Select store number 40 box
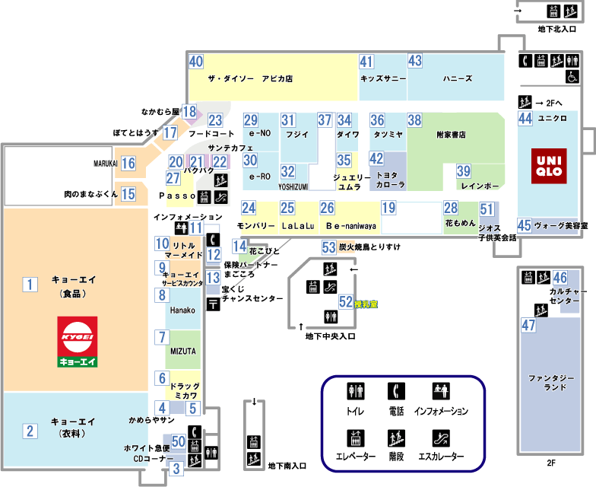coord(196,62)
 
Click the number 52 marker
coord(346,301)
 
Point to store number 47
coord(529,325)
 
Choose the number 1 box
coord(30,285)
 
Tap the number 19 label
coord(388,208)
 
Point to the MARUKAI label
coord(105,163)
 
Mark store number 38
coord(414,119)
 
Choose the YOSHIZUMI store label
coord(292,186)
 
